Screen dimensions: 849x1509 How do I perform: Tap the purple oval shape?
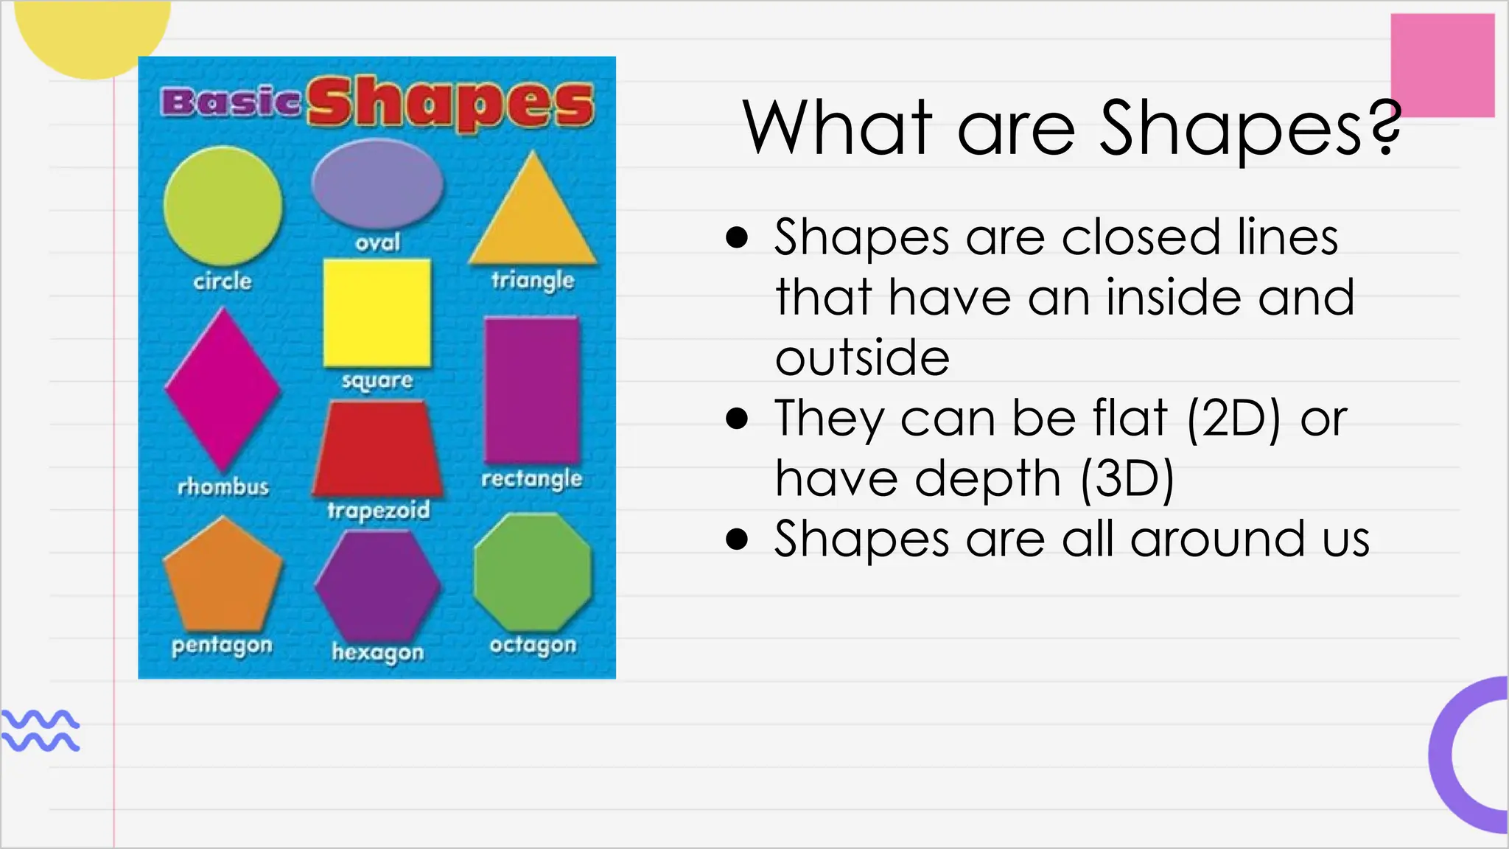[x=377, y=184]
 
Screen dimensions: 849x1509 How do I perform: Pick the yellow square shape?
[x=377, y=312]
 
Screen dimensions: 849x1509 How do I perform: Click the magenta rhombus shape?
[x=223, y=388]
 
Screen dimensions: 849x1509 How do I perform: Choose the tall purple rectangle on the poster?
[x=532, y=390]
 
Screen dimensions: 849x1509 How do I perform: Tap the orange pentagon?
[x=223, y=576]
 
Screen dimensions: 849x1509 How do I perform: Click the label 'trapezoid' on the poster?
[x=378, y=510]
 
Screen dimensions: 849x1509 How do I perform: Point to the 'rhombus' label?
[x=223, y=486]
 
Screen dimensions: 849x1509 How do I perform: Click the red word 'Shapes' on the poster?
[x=451, y=104]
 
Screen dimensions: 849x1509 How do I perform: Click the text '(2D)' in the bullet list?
[x=1233, y=419]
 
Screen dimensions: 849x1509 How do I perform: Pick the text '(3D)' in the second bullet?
[x=1127, y=479]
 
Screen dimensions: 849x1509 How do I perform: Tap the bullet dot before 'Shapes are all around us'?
[x=737, y=539]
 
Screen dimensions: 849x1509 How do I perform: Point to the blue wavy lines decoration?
[x=41, y=730]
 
